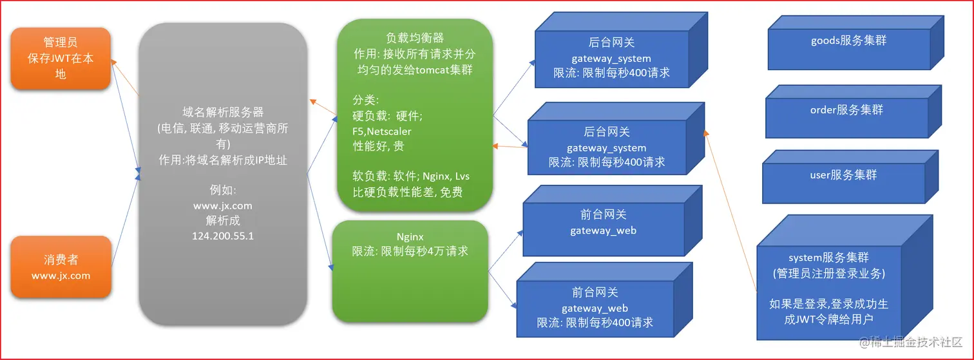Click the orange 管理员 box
[61, 58]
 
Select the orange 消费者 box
[61, 267]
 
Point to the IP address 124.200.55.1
[223, 236]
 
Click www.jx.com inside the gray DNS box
[223, 206]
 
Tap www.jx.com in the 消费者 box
[61, 276]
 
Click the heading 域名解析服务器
[223, 112]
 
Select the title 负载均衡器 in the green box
[415, 38]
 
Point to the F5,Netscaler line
[382, 131]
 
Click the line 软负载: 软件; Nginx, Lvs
[411, 176]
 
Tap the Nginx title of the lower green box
[410, 237]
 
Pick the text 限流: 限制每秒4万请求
[410, 251]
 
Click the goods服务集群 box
[855, 43]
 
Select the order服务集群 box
[853, 112]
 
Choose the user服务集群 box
[850, 177]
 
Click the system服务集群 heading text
[829, 258]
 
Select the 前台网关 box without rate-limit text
[612, 221]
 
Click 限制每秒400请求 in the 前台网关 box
[609, 323]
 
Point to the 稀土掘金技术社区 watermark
[911, 342]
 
